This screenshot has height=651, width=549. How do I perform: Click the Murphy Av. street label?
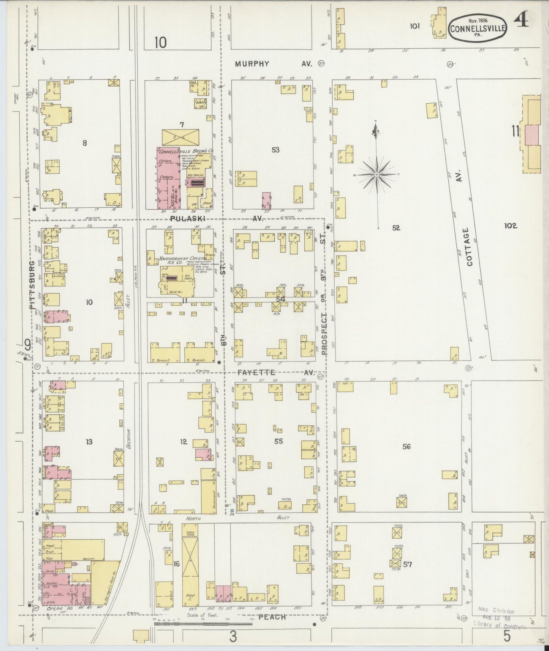click(272, 64)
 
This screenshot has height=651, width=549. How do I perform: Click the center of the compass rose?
click(376, 175)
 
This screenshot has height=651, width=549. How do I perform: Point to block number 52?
click(396, 228)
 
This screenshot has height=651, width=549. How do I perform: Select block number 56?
click(407, 447)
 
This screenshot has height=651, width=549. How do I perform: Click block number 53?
click(275, 150)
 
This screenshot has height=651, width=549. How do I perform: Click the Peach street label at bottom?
click(272, 617)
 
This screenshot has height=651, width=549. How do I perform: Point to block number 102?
click(510, 226)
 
